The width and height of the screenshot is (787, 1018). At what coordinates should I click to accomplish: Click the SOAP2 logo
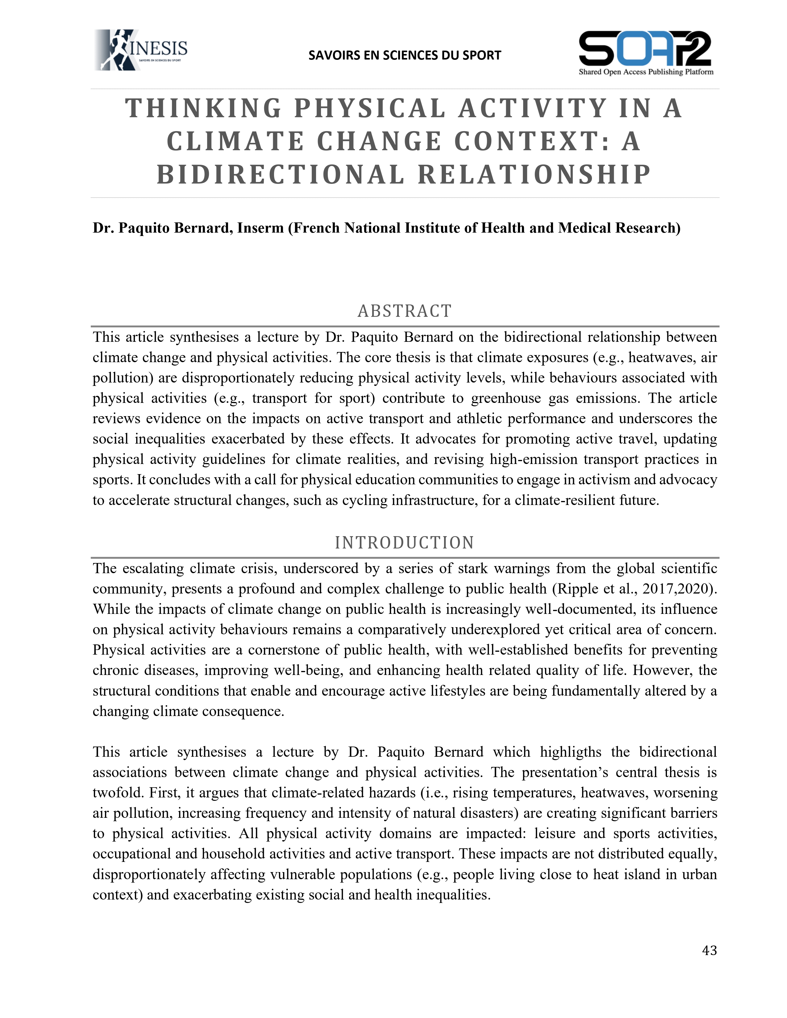click(645, 49)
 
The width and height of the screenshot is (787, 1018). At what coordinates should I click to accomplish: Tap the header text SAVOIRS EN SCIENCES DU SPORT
click(404, 56)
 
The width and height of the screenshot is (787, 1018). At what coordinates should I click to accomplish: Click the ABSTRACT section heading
click(404, 311)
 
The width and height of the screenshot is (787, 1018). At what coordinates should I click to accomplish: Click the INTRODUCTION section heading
click(404, 543)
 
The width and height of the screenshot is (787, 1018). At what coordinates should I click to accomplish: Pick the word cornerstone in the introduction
click(289, 650)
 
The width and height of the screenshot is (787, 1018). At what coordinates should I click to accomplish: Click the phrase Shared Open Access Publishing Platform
click(646, 72)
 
